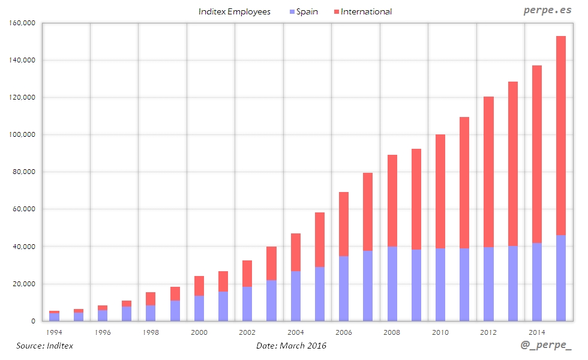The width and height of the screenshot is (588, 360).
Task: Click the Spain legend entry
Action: pos(307,11)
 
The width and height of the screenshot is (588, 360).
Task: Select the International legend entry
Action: pos(366,11)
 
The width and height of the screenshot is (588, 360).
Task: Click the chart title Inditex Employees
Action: pos(235,11)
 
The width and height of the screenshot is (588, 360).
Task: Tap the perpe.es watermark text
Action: pos(547,11)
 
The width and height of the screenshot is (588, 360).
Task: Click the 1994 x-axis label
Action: pos(54,332)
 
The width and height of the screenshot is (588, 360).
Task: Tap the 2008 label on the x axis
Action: pos(392,332)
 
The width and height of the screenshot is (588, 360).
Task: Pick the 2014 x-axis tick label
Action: pos(537,332)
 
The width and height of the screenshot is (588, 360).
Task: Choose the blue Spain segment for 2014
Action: pos(537,282)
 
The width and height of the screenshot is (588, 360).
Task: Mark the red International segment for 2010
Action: pos(440,191)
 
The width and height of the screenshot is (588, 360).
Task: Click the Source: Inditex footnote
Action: pos(44,346)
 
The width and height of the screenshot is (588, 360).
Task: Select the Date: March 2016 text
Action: pos(291,346)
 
